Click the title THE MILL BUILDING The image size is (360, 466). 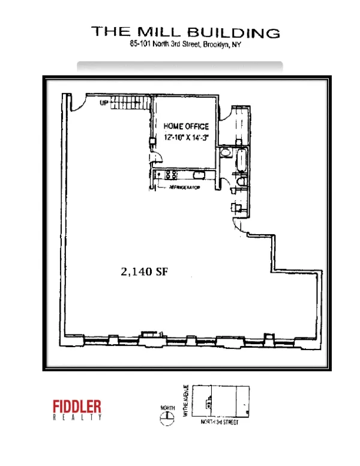tap(185, 32)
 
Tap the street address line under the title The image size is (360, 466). tap(185, 45)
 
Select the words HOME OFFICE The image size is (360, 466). tap(186, 127)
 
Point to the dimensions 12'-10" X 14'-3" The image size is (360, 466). tap(186, 136)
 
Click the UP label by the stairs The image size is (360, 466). tap(104, 103)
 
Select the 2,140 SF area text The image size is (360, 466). tap(143, 271)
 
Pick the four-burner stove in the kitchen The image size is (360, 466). tap(170, 175)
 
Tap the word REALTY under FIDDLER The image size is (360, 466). tap(77, 417)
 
